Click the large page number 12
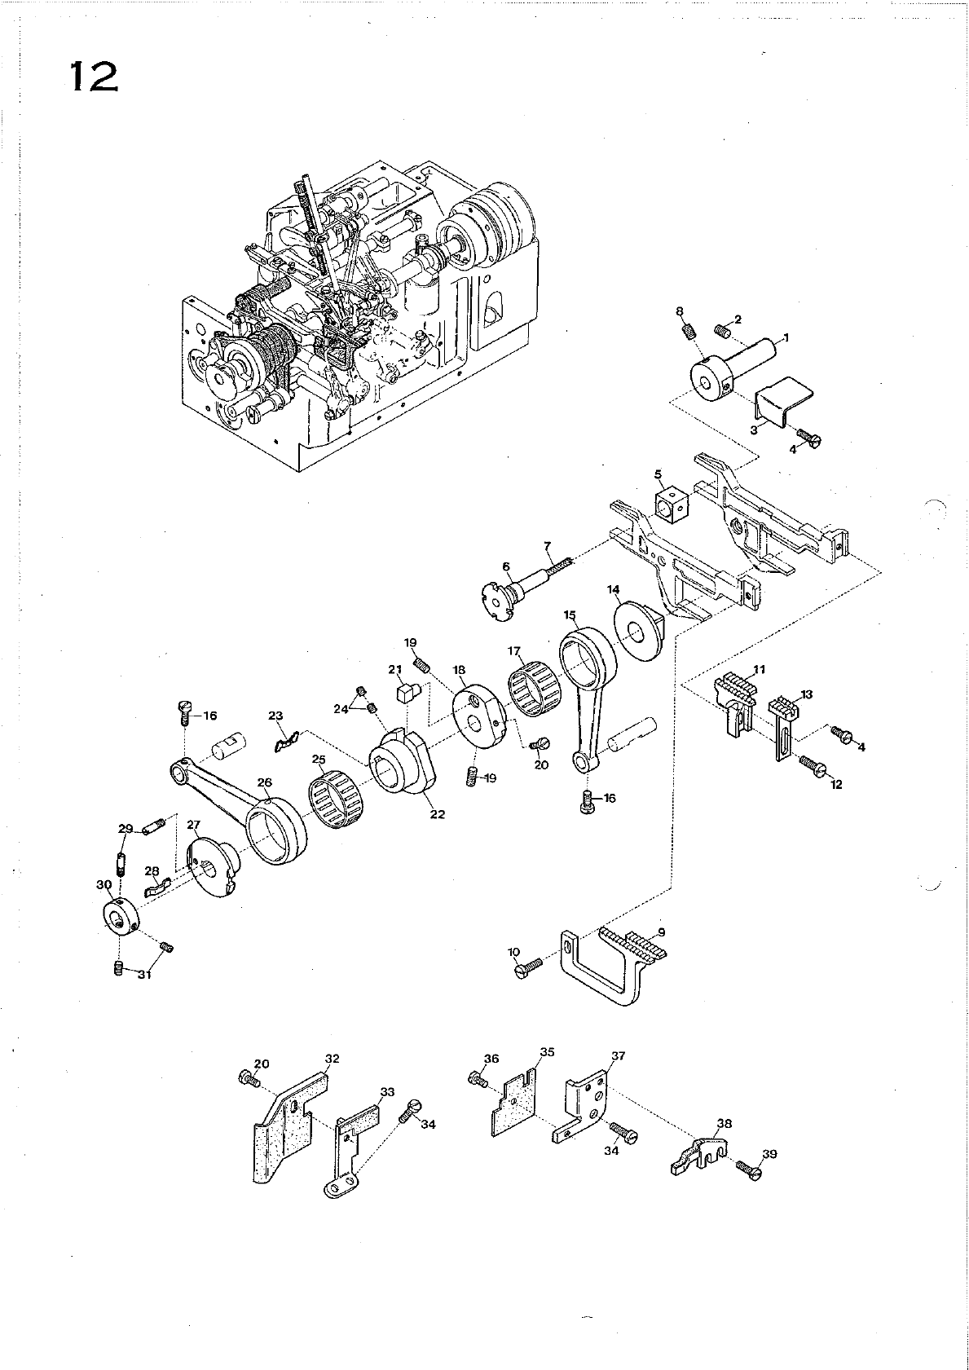coord(95,77)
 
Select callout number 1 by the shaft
coord(786,337)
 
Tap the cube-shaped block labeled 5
coord(670,507)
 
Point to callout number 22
coord(438,814)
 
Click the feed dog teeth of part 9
coord(634,944)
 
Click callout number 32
coord(332,1058)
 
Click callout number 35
coord(547,1052)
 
